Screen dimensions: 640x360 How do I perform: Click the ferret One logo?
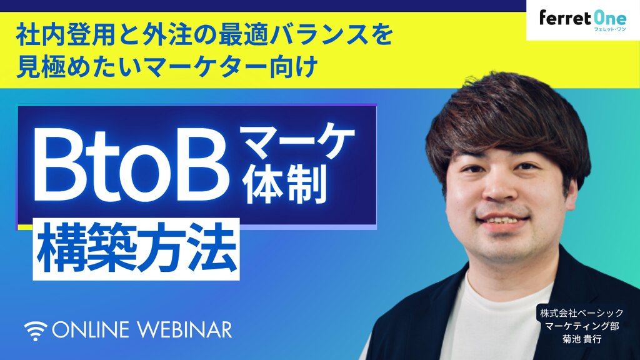(x=583, y=20)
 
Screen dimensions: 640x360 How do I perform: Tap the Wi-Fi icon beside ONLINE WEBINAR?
(x=36, y=331)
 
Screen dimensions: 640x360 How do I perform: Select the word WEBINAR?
(x=185, y=330)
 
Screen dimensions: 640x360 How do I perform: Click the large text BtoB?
(x=131, y=166)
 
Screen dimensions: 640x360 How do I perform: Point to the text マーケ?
(x=297, y=143)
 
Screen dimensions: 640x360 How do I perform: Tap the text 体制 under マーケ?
(x=285, y=184)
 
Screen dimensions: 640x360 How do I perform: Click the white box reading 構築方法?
(x=136, y=249)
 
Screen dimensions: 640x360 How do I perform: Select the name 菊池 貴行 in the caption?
(x=582, y=339)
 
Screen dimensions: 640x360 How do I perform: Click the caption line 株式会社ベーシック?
(x=582, y=313)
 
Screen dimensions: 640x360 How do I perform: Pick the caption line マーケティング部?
(x=582, y=326)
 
